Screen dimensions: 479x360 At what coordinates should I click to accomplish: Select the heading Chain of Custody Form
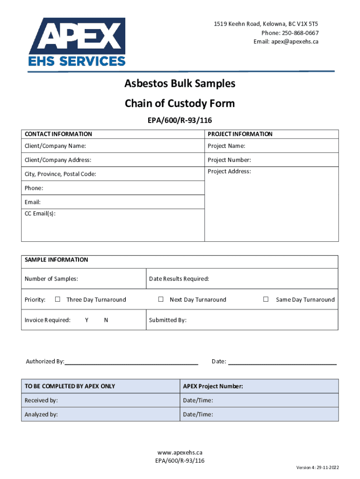tap(180, 103)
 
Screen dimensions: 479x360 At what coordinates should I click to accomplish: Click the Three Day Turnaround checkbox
tap(58, 299)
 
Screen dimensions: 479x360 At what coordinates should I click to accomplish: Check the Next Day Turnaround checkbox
tap(160, 299)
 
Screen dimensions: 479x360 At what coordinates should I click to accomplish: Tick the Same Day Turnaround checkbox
tap(266, 299)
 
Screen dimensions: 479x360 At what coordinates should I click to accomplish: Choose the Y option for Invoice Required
tap(87, 320)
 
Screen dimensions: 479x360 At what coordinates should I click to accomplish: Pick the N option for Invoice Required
tap(106, 320)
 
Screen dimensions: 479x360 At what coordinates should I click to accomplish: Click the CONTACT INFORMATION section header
tap(58, 134)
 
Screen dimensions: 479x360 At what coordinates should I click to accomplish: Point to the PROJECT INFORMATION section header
tap(240, 134)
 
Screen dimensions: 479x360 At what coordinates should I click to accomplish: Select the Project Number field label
tap(229, 160)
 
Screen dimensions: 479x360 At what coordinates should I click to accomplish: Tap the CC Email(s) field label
tap(40, 213)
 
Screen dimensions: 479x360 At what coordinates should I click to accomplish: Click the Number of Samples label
tap(51, 279)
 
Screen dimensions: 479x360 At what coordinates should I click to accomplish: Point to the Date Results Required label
tap(179, 279)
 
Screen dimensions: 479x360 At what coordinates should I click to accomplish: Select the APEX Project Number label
tap(213, 386)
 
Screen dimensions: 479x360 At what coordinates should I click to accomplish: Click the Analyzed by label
tap(41, 414)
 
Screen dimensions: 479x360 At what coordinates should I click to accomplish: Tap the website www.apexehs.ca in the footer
tap(180, 453)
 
